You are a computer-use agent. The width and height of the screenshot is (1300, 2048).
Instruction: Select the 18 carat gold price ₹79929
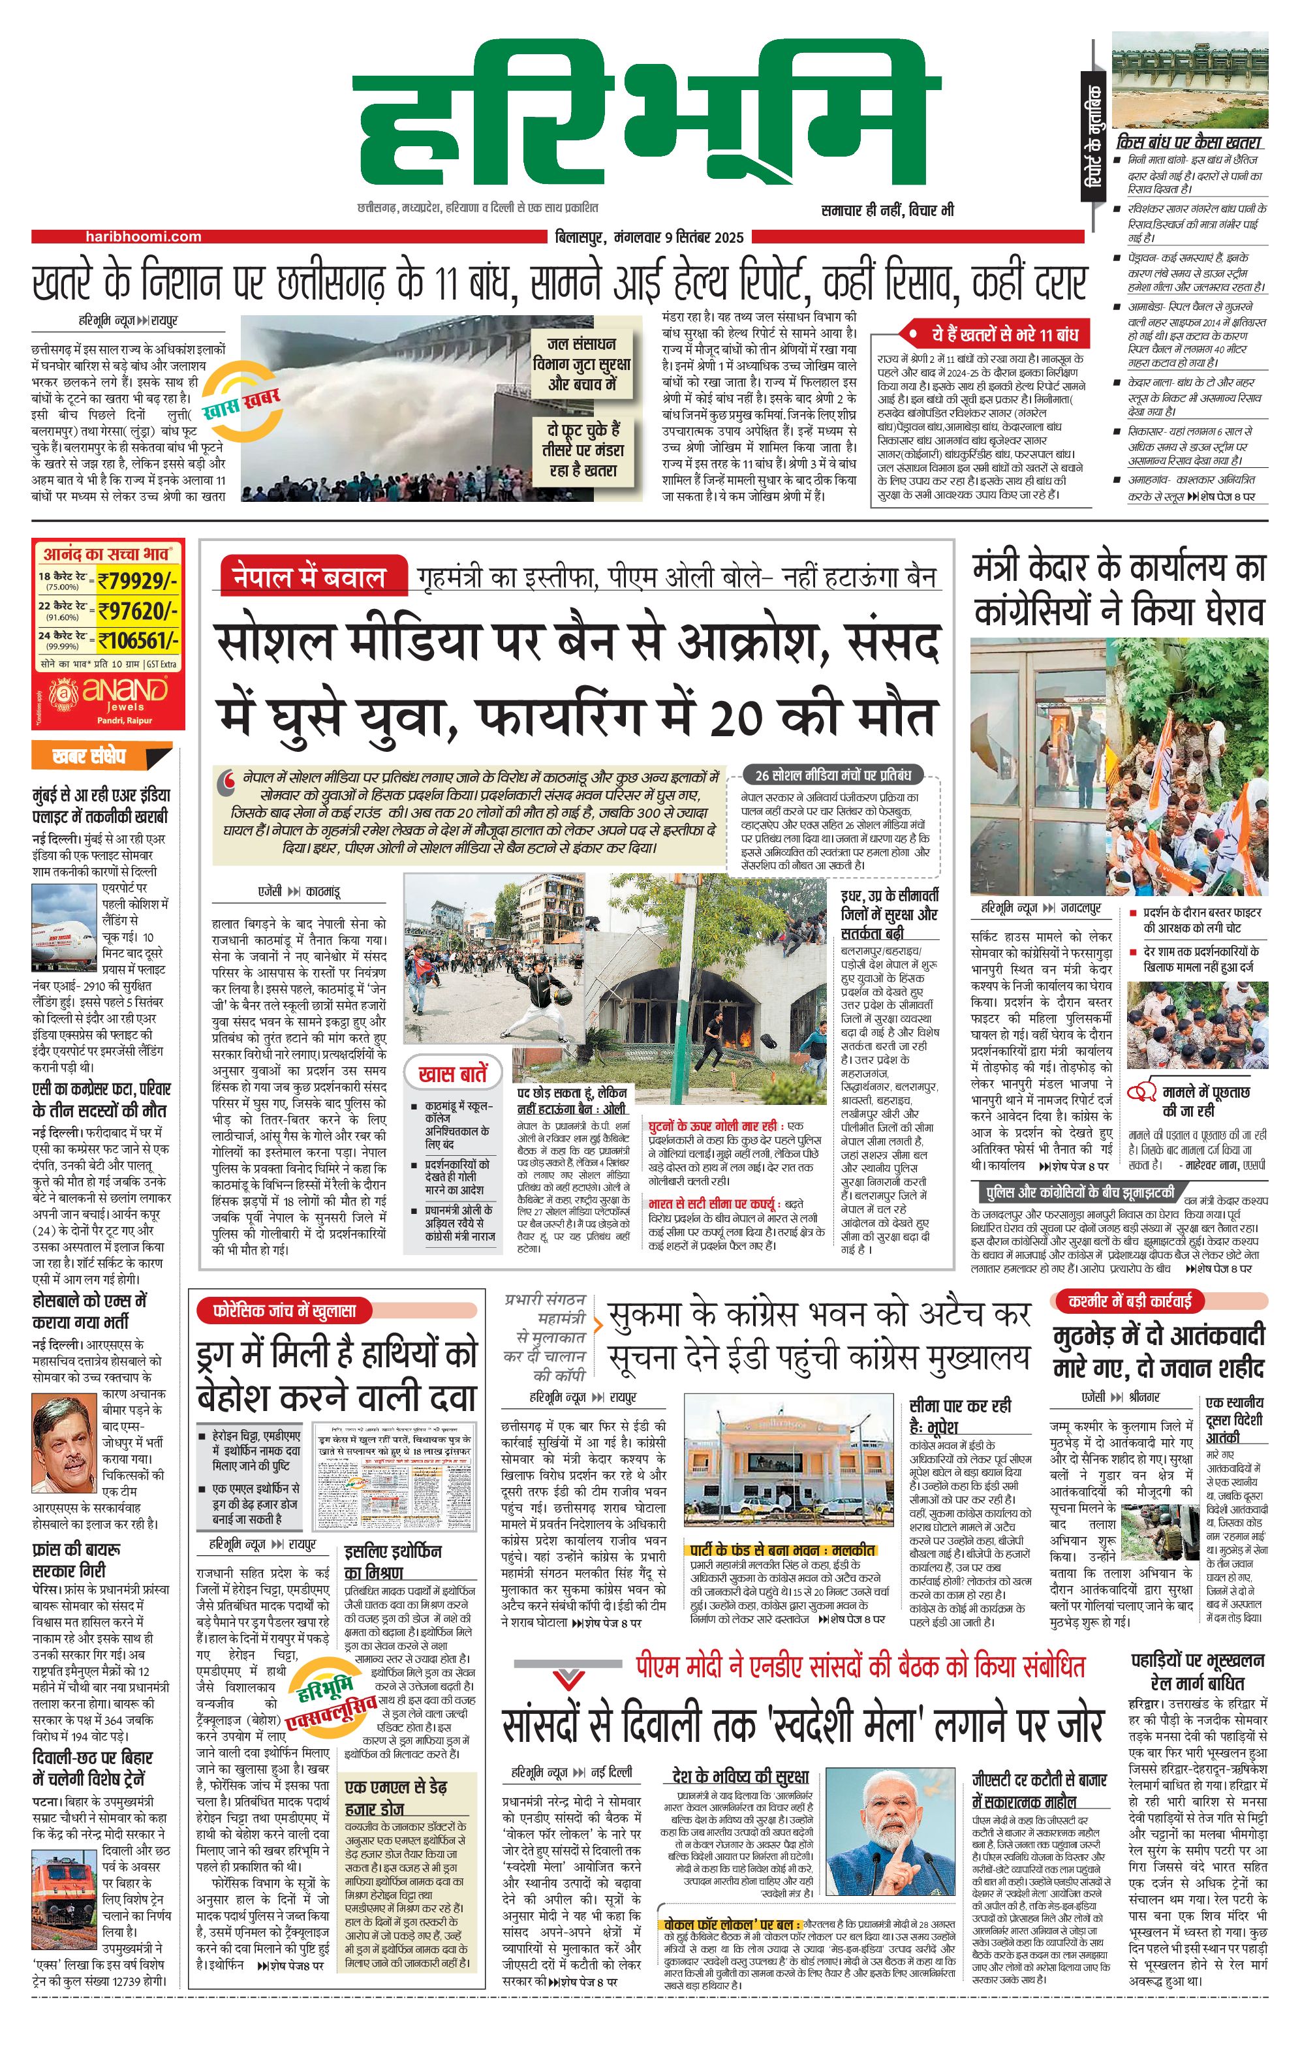tap(138, 581)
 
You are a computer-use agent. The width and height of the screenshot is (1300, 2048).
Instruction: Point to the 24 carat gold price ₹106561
tap(138, 639)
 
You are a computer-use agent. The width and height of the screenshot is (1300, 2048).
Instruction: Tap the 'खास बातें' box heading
tap(452, 1074)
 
